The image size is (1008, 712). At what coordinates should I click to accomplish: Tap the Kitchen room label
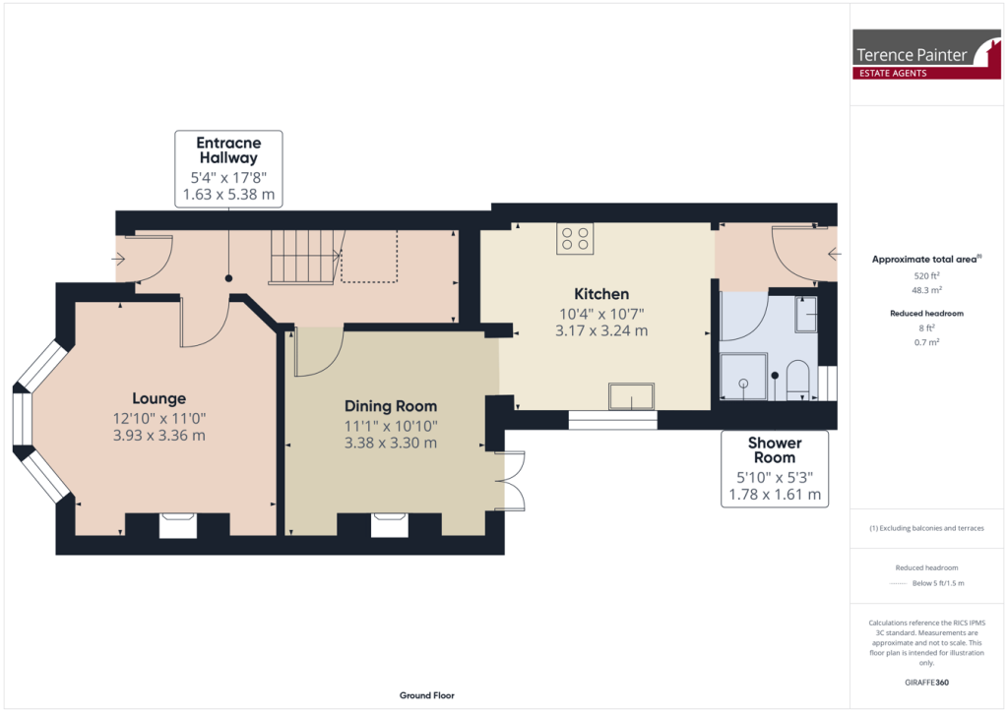601,294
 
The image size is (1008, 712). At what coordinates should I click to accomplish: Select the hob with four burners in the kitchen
575,239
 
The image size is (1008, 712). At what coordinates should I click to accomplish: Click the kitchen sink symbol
631,396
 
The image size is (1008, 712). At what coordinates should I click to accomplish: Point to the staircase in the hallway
303,257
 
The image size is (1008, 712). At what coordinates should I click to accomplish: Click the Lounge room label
159,398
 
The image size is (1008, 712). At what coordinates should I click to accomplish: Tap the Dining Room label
390,406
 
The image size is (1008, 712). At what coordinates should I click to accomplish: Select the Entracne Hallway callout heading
228,149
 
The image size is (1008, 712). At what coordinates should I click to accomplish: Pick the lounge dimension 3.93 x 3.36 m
159,435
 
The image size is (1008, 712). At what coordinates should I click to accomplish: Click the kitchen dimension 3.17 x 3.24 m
601,330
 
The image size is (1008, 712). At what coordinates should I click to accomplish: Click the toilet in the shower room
796,379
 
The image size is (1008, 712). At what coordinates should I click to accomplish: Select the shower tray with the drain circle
742,377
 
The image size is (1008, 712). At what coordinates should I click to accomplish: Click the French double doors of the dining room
509,481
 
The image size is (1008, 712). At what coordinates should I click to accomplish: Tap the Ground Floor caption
426,695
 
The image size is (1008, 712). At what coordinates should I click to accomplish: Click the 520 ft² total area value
926,276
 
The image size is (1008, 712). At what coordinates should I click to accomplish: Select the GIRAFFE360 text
926,682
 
